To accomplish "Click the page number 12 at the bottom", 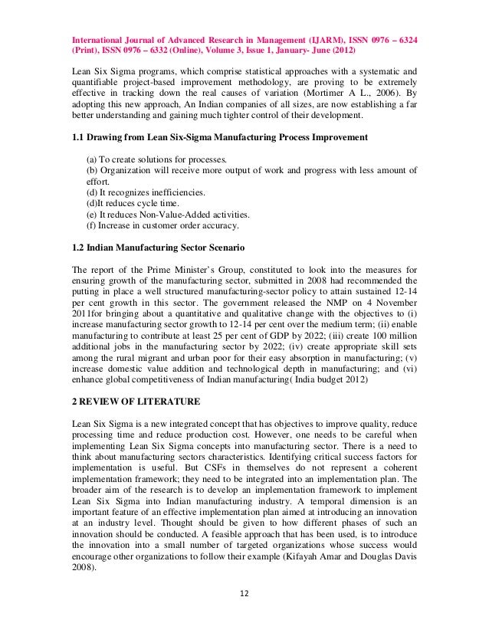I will point(244,592).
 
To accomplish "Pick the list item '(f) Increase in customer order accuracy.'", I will point(162,225).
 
